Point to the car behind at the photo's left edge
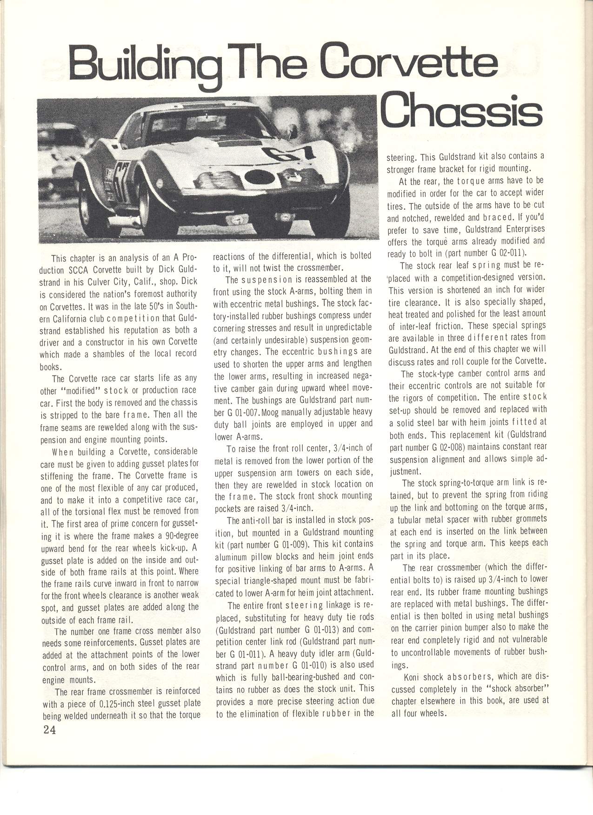(x=56, y=153)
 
